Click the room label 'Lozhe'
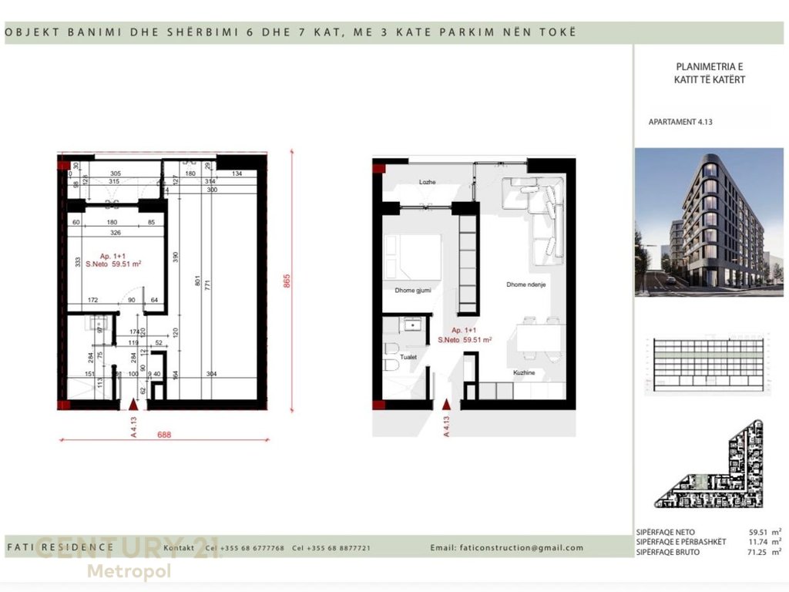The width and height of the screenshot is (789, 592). point(428,182)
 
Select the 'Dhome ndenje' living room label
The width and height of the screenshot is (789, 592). point(527,284)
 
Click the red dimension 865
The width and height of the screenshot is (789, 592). point(287,281)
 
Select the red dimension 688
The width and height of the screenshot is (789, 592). point(164,435)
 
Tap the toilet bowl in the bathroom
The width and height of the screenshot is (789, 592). point(391,361)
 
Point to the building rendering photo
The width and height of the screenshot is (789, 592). point(709,222)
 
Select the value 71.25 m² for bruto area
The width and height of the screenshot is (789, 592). point(764,553)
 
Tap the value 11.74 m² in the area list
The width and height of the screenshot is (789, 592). point(764,542)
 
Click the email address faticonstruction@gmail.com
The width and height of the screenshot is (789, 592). point(518,548)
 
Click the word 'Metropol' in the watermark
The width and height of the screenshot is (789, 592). point(129,571)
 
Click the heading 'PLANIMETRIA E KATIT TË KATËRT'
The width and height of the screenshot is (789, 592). point(709,73)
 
